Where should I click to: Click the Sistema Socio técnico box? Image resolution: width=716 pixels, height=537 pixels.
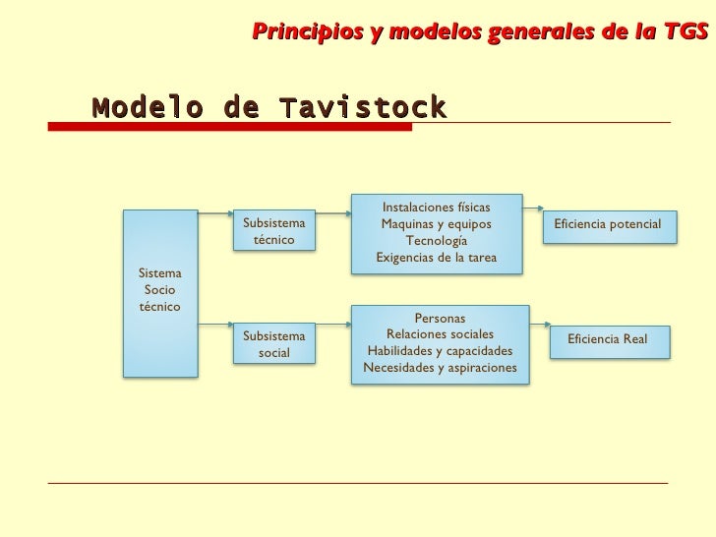160,291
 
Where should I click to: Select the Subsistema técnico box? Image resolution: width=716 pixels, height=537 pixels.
273,232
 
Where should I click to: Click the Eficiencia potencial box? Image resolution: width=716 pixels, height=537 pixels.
607,224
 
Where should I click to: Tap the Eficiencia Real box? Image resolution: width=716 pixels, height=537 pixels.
607,339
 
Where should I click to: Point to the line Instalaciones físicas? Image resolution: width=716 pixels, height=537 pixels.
436,208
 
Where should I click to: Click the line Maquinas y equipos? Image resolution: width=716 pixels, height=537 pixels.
436,224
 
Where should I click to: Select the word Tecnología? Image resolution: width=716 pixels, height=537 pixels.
436,241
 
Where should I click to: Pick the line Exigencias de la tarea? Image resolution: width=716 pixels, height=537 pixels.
436,258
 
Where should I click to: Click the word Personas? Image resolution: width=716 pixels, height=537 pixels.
440,318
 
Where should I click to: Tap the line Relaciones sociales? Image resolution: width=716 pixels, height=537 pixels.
440,334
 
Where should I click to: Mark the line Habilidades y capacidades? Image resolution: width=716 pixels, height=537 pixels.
440,351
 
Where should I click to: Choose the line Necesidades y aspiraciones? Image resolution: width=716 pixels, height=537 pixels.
440,368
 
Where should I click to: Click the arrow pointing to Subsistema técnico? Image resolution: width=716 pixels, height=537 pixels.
215,212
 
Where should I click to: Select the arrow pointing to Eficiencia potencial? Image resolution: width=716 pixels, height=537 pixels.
533,208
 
